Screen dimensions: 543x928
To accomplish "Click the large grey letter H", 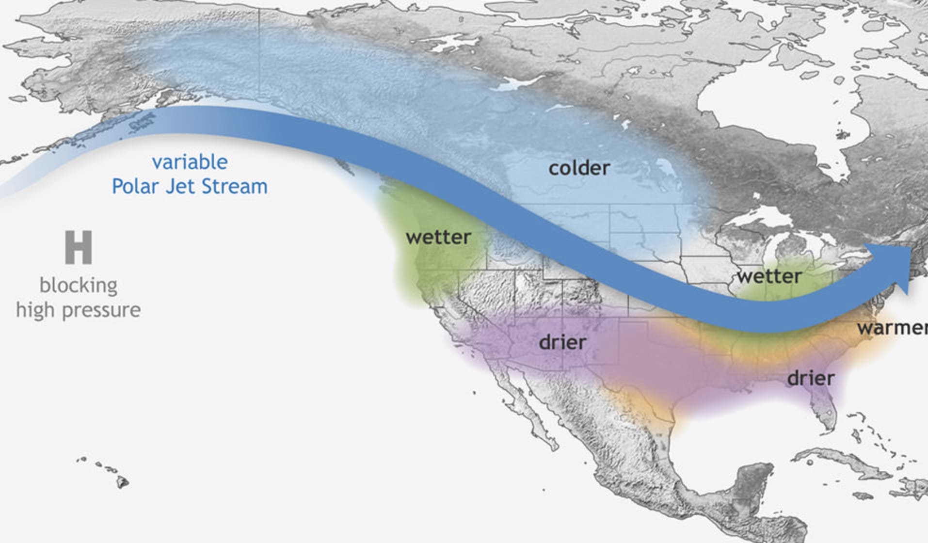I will (78, 248).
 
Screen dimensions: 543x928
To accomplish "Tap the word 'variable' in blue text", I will (190, 162).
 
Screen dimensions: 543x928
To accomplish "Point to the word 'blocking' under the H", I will (78, 285).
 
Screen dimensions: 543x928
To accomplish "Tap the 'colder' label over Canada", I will (579, 168).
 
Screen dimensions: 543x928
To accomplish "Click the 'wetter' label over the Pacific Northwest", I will (438, 238).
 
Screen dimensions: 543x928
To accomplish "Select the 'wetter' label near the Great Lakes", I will (769, 276).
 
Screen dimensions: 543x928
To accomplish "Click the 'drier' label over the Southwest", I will (562, 343).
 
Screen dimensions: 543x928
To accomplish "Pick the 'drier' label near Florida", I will (811, 378).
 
